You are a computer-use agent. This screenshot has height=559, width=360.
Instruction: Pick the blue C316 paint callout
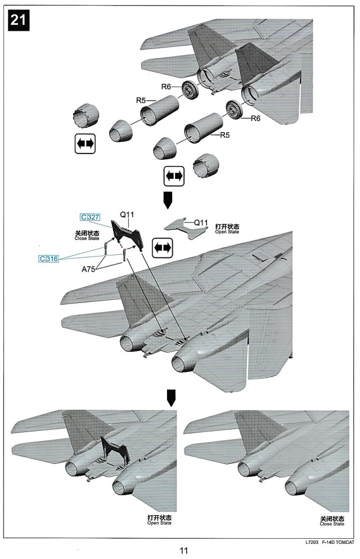pos(50,258)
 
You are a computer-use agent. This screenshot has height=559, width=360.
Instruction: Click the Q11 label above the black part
pos(127,215)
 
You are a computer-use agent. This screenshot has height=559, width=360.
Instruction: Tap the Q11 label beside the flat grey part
pos(201,223)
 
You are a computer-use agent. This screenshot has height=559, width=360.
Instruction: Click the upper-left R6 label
pos(166,87)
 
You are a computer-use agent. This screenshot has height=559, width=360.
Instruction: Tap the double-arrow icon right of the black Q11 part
pos(163,247)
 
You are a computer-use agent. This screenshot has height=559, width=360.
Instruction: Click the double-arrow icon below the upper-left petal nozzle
pos(85,144)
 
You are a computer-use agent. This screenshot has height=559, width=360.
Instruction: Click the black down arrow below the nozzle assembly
pos(166,199)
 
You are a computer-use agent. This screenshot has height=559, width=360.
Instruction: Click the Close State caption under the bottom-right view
pos(332,521)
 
